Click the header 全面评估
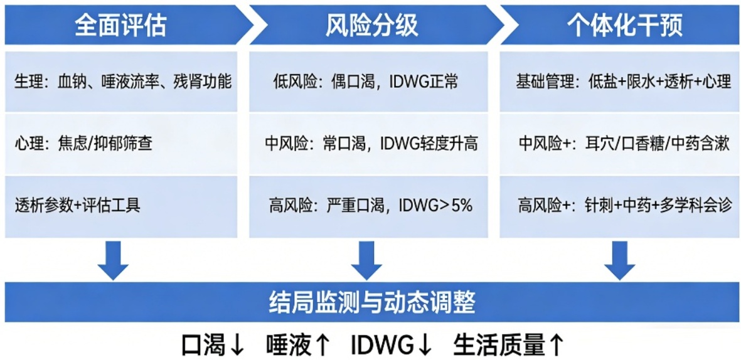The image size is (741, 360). [120, 25]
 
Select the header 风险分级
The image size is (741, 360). [371, 25]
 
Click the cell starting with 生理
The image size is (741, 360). [122, 82]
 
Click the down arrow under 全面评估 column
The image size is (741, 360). [113, 260]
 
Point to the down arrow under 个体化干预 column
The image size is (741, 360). [619, 260]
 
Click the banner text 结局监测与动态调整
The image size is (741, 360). [371, 302]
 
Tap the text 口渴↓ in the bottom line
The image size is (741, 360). [213, 344]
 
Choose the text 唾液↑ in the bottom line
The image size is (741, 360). [297, 344]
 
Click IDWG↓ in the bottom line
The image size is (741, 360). [392, 344]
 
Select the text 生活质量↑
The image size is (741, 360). [508, 344]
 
